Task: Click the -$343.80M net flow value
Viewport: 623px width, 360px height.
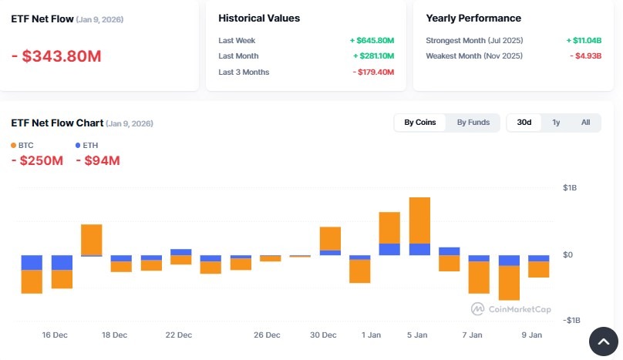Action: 56,56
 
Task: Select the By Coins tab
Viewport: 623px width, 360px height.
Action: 420,123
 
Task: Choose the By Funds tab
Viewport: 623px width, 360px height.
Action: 473,123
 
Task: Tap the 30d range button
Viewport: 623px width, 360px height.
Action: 524,123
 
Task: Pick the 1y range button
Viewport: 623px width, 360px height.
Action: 556,123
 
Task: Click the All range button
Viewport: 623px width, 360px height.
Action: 586,123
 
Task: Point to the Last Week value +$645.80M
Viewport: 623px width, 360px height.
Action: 372,40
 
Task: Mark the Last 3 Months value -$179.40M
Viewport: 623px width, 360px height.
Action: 373,72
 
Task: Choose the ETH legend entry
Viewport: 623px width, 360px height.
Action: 86,145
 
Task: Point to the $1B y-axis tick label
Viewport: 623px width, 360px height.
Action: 569,188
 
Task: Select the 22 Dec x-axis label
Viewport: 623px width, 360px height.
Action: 178,335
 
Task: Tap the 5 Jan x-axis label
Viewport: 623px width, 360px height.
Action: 416,335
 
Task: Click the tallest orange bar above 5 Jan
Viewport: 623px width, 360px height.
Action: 419,220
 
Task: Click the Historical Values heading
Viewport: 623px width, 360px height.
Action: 259,18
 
